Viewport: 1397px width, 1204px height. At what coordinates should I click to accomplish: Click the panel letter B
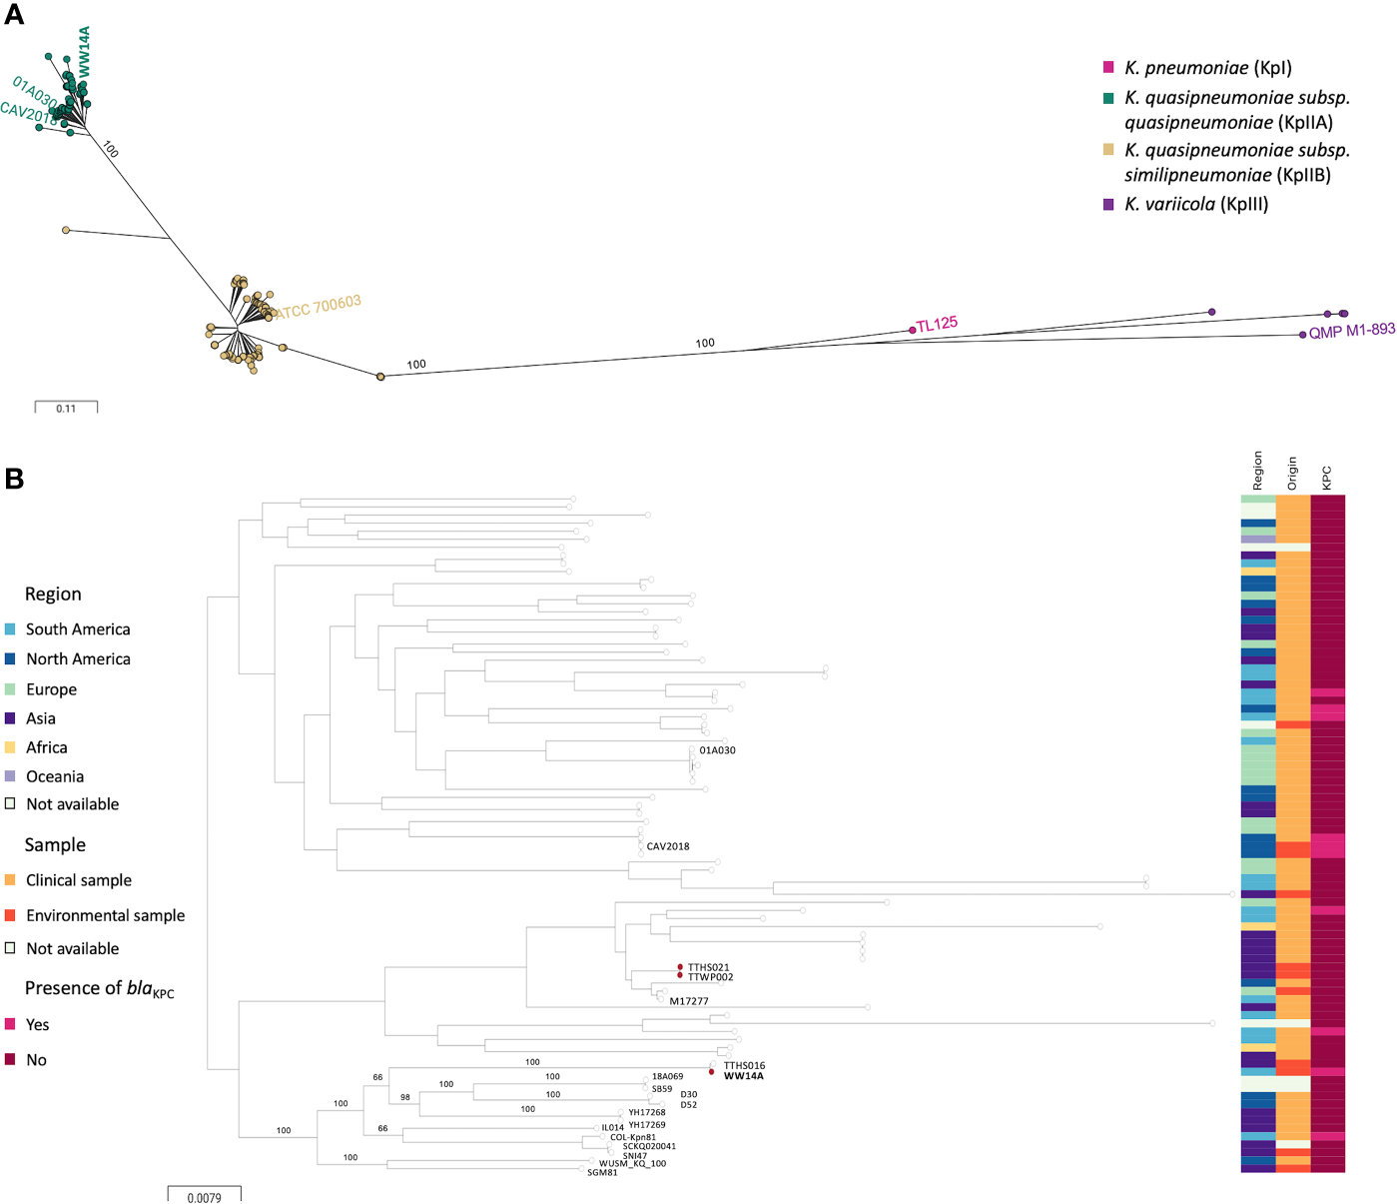(14, 479)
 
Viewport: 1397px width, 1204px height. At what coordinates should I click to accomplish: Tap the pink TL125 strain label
(937, 324)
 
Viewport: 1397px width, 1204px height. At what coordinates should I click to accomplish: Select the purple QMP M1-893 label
(1351, 331)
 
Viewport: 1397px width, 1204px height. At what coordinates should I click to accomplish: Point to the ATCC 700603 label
(318, 306)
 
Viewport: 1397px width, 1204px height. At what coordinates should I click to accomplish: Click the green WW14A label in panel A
(84, 52)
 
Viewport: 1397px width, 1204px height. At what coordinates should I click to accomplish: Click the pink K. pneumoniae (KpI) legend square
(1108, 67)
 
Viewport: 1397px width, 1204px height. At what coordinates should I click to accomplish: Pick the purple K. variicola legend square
(1108, 204)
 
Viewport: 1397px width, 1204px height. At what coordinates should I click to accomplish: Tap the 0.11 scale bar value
(66, 409)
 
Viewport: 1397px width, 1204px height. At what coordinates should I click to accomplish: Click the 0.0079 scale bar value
(204, 1197)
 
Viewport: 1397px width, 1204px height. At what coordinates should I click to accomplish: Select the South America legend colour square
(10, 629)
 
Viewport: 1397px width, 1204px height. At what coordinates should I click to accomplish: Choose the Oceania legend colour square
(10, 776)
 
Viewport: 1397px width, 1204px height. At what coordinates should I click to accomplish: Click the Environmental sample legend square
(10, 915)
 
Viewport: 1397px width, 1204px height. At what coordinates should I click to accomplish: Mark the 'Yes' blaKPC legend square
(10, 1024)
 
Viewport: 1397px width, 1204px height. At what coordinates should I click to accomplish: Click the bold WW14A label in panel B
(743, 1076)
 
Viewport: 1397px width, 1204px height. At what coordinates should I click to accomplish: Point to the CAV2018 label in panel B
(668, 846)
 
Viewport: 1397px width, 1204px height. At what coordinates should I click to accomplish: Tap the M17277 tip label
(689, 1001)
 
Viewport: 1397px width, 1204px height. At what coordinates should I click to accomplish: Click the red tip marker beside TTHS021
(680, 967)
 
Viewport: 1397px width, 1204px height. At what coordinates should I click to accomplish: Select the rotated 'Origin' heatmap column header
(1292, 473)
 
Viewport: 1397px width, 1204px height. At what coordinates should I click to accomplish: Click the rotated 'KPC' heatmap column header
(1327, 478)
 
